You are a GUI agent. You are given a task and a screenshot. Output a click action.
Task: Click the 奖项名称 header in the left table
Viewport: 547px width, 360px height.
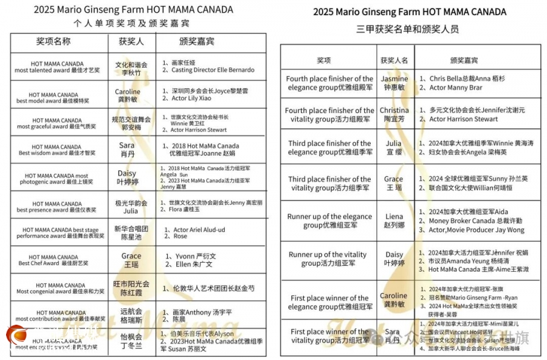pyautogui.click(x=53, y=41)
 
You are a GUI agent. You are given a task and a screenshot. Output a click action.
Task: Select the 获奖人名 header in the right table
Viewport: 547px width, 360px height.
pyautogui.click(x=394, y=60)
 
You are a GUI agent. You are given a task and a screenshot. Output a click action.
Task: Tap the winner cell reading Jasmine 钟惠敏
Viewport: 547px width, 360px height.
pyautogui.click(x=394, y=83)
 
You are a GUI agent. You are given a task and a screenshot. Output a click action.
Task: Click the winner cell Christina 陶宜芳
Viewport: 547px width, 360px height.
pyautogui.click(x=394, y=115)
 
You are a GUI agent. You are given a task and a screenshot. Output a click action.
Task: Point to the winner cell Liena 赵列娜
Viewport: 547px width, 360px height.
pyautogui.click(x=394, y=221)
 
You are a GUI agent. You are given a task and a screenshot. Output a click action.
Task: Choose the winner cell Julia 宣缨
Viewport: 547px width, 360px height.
pyautogui.click(x=394, y=148)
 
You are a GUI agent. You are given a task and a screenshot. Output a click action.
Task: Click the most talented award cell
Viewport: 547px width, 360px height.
pyautogui.click(x=57, y=67)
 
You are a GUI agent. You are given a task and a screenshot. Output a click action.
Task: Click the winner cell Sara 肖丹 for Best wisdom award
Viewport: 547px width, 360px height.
pyautogui.click(x=126, y=150)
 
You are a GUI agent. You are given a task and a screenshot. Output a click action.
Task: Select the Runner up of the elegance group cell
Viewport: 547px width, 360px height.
pyautogui.click(x=329, y=221)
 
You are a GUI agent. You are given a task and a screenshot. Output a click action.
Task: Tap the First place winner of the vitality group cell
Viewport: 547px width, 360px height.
pyautogui.click(x=329, y=336)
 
